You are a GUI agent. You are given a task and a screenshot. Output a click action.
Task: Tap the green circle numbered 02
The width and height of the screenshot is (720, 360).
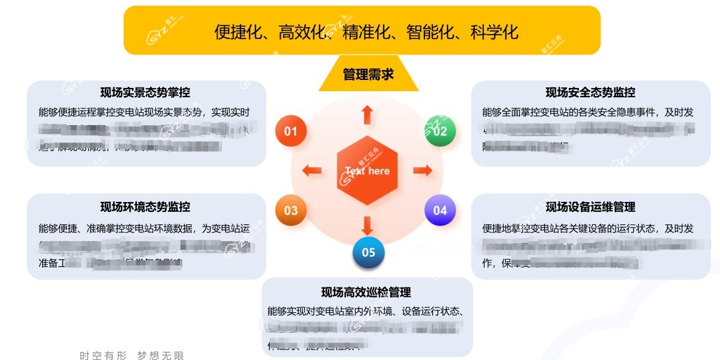coord(439,131)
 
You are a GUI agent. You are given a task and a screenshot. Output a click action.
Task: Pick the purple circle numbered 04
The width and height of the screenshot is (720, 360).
coord(439,210)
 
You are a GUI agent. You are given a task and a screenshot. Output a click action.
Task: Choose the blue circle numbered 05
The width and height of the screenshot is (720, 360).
coord(368,252)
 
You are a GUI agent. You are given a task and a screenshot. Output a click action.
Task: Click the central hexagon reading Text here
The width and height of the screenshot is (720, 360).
coord(367,170)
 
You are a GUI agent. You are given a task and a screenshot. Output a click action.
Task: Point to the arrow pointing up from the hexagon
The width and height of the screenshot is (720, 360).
coord(367,115)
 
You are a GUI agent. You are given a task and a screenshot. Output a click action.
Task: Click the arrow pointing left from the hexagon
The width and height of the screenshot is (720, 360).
coord(312,170)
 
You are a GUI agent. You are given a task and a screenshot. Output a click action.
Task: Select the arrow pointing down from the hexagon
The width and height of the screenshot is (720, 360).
coord(367,224)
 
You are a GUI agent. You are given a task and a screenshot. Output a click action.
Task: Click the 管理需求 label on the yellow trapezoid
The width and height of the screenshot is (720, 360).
coord(368,75)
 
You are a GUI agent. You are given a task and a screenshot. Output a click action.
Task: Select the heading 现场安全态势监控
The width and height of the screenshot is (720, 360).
coord(590,93)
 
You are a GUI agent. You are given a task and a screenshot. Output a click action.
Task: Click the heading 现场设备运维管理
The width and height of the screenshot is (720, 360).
coord(590,207)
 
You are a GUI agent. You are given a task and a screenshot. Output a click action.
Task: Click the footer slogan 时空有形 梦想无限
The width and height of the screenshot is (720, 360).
coord(132,355)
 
